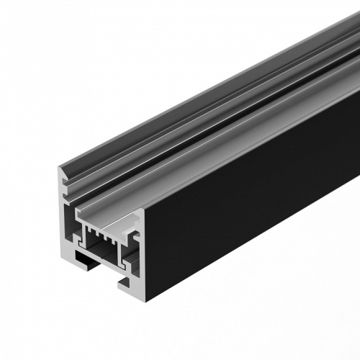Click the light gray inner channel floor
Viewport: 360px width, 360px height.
(x=108, y=216)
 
